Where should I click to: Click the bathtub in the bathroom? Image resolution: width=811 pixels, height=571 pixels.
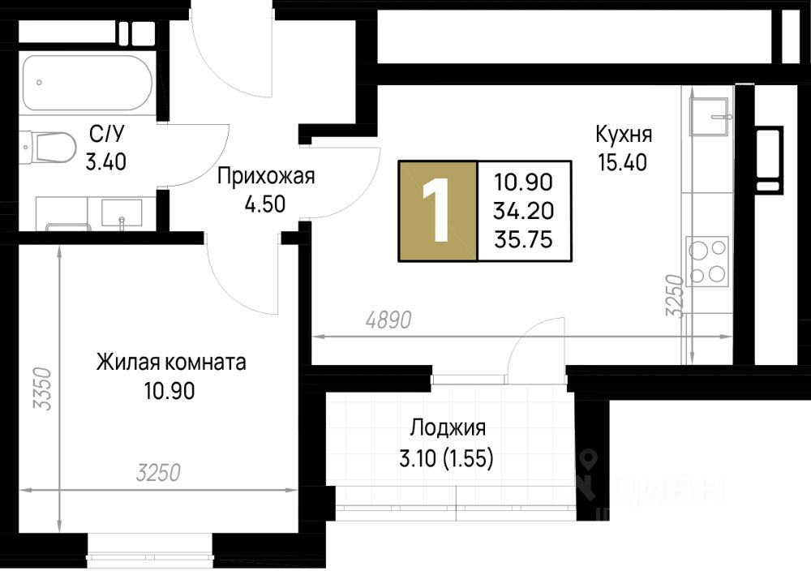(x=88, y=83)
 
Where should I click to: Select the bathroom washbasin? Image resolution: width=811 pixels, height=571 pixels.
(x=122, y=213)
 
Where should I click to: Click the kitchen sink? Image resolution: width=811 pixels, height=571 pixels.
(x=709, y=116)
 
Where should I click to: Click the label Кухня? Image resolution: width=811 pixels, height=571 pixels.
(x=623, y=135)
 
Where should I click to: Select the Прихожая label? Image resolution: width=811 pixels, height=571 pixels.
(x=266, y=176)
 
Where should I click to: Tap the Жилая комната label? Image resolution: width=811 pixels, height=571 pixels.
(x=171, y=363)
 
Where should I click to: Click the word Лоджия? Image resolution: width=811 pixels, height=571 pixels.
(x=448, y=428)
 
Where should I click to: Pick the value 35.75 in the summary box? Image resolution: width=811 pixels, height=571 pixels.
(x=523, y=239)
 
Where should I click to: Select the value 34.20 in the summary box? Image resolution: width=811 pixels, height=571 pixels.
(x=523, y=211)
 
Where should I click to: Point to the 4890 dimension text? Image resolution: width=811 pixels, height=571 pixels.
(x=388, y=320)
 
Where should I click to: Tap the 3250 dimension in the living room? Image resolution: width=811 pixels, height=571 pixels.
(x=158, y=473)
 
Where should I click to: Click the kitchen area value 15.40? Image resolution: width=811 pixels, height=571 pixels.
(x=623, y=163)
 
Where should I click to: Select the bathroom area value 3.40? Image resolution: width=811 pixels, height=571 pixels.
(x=106, y=162)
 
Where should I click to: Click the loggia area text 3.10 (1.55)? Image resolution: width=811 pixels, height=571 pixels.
(x=446, y=458)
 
